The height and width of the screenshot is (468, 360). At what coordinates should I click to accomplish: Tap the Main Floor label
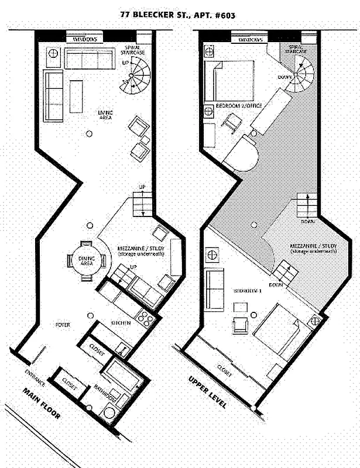point(42,404)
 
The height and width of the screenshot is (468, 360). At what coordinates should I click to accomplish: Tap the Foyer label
point(63,323)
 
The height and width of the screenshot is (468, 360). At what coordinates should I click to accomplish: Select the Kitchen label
point(121,323)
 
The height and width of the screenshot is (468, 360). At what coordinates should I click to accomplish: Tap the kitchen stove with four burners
point(146,320)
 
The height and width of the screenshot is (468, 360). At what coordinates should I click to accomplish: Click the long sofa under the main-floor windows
point(88,60)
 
